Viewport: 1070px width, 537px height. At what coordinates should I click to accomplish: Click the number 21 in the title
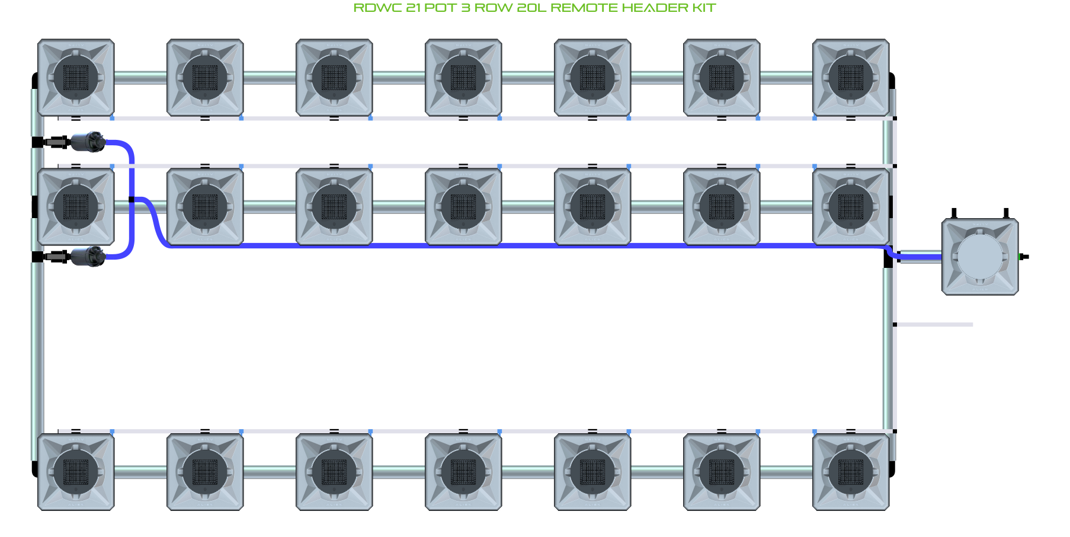point(414,8)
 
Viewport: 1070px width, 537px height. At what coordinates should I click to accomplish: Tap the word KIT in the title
point(704,8)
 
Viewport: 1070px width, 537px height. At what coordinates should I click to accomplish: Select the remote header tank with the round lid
point(980,257)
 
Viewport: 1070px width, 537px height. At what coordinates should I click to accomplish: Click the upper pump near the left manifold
point(88,142)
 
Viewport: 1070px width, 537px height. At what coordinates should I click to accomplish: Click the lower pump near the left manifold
point(88,257)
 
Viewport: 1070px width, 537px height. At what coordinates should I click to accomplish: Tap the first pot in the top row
point(76,78)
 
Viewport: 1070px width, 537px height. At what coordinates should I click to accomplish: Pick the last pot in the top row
point(851,78)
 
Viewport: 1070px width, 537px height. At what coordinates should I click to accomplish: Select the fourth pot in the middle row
point(463,207)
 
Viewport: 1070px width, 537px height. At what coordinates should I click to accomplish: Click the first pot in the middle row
point(76,207)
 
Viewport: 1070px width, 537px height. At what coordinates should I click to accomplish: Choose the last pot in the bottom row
point(851,472)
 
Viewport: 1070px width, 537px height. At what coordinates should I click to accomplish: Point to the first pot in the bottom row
point(76,472)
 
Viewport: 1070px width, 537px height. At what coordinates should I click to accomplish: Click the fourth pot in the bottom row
point(463,472)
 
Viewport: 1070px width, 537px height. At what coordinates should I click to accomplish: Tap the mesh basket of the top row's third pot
point(334,78)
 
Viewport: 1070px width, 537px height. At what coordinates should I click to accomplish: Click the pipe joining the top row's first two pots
point(140,78)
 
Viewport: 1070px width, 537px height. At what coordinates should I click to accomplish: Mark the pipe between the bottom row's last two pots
point(786,472)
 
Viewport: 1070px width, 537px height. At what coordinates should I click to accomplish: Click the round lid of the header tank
point(980,257)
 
